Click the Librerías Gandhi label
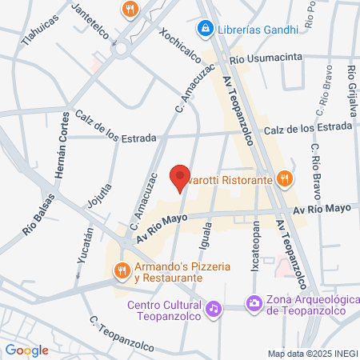point(254,29)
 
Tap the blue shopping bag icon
point(205,29)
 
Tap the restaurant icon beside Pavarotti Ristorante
point(283,178)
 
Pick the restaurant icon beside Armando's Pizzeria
point(122,270)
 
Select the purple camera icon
point(254,302)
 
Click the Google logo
point(26,350)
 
